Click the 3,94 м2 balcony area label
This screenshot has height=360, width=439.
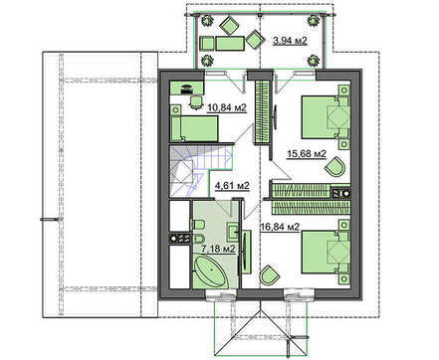(290, 41)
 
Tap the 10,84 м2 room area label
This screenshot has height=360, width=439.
(227, 107)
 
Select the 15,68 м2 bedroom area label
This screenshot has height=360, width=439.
(307, 154)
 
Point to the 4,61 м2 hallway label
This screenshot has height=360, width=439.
(232, 186)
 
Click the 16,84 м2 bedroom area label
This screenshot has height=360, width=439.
(280, 227)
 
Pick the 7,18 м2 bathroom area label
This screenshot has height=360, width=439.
(219, 249)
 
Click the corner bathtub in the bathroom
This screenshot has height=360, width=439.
(210, 271)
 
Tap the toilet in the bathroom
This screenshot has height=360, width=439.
(198, 225)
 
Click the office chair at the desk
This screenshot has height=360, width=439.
(195, 101)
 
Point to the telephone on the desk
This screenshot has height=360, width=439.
(186, 89)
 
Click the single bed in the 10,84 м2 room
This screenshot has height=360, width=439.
(194, 123)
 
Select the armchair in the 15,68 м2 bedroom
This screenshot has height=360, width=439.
(335, 167)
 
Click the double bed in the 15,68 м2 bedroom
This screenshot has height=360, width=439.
(326, 117)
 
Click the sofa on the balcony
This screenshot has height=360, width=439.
(230, 43)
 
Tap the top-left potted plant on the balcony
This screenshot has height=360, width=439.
(207, 21)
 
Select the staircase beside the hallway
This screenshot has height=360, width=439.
(200, 172)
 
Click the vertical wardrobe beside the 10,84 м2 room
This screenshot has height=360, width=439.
(262, 111)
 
